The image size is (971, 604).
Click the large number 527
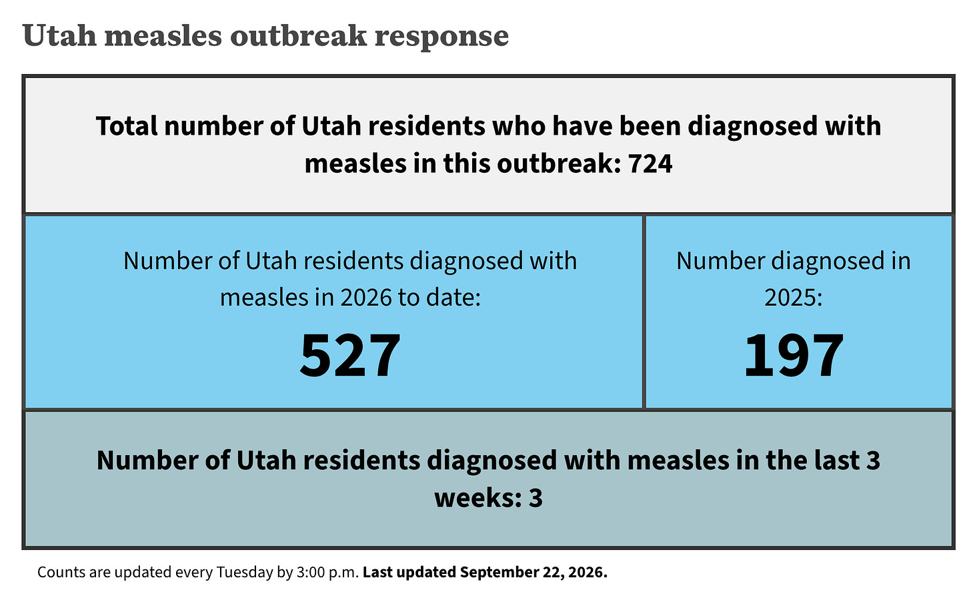(x=350, y=355)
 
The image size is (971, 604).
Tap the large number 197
(x=794, y=355)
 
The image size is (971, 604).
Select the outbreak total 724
(x=650, y=164)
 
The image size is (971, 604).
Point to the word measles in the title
(x=163, y=35)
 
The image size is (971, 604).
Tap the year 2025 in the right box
(x=794, y=298)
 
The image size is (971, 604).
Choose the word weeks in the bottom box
(x=478, y=498)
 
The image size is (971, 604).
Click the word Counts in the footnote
(x=61, y=573)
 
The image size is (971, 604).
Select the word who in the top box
(x=519, y=126)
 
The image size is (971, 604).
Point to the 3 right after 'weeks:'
(x=536, y=498)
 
